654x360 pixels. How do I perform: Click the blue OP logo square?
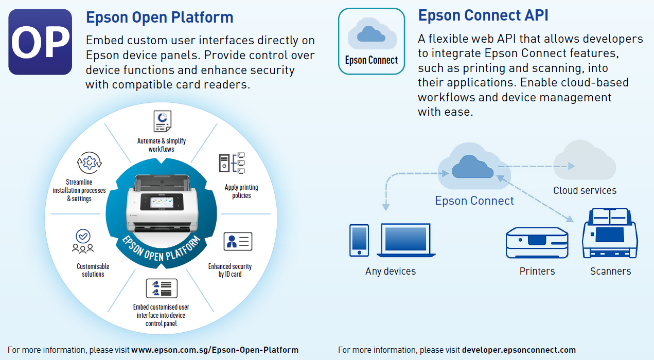pyautogui.click(x=40, y=42)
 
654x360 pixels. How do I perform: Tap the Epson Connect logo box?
pyautogui.click(x=371, y=41)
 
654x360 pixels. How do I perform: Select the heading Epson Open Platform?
pyautogui.click(x=160, y=17)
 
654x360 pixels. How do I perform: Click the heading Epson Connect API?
pyautogui.click(x=483, y=15)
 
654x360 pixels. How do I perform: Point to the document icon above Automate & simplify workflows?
pyautogui.click(x=162, y=121)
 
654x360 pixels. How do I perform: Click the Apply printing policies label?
pyautogui.click(x=241, y=191)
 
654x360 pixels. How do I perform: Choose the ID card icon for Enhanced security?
pyautogui.click(x=238, y=242)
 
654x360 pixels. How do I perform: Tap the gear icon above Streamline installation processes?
pyautogui.click(x=89, y=163)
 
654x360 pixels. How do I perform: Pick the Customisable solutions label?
pyautogui.click(x=93, y=270)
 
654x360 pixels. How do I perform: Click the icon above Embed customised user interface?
pyautogui.click(x=162, y=288)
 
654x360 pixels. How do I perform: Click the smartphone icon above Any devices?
pyautogui.click(x=359, y=240)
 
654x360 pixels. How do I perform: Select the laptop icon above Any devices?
pyautogui.click(x=406, y=240)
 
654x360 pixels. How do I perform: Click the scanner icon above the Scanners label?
pyautogui.click(x=610, y=233)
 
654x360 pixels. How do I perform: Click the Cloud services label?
pyautogui.click(x=585, y=191)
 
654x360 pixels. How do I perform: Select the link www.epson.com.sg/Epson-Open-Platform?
pyautogui.click(x=215, y=350)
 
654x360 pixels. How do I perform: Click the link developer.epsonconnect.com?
pyautogui.click(x=519, y=350)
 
